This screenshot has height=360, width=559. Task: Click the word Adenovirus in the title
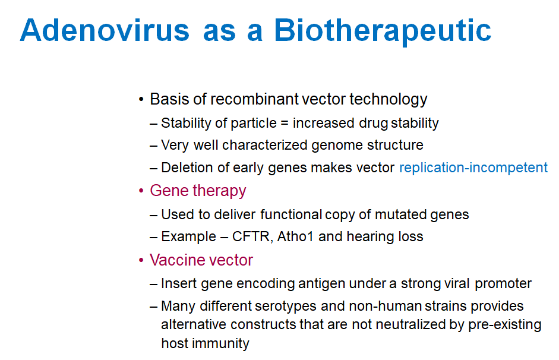coord(105,30)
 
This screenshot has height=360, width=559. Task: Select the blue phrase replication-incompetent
coord(473,168)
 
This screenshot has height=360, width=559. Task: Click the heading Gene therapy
coord(198,191)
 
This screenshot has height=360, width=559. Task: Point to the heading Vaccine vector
coord(201,260)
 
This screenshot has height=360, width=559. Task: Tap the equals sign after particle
coord(284,124)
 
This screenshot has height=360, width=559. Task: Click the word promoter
coord(503,284)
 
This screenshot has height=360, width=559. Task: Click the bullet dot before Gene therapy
coord(141,191)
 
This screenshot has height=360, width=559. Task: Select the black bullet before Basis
coord(141,99)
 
